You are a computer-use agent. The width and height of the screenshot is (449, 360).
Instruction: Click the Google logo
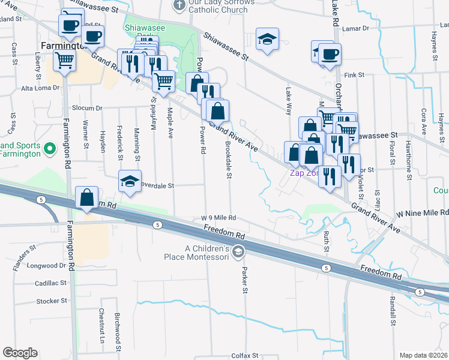[20, 353]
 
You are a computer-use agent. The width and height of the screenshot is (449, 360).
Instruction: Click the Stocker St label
[51, 301]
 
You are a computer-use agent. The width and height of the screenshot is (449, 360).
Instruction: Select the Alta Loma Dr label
[41, 88]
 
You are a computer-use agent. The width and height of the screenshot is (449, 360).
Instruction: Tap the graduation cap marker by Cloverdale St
[130, 182]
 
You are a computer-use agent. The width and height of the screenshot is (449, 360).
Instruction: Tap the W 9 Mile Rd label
[218, 218]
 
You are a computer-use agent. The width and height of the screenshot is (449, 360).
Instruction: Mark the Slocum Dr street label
[88, 108]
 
